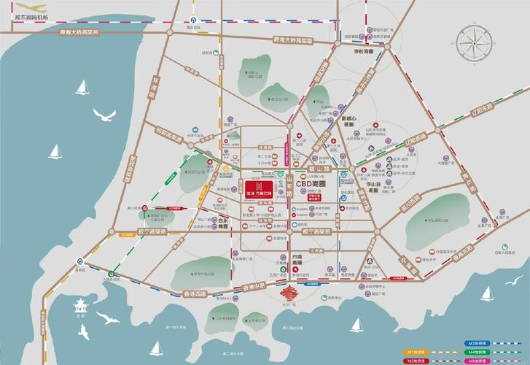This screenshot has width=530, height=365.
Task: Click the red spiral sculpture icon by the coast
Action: point(290,296)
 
